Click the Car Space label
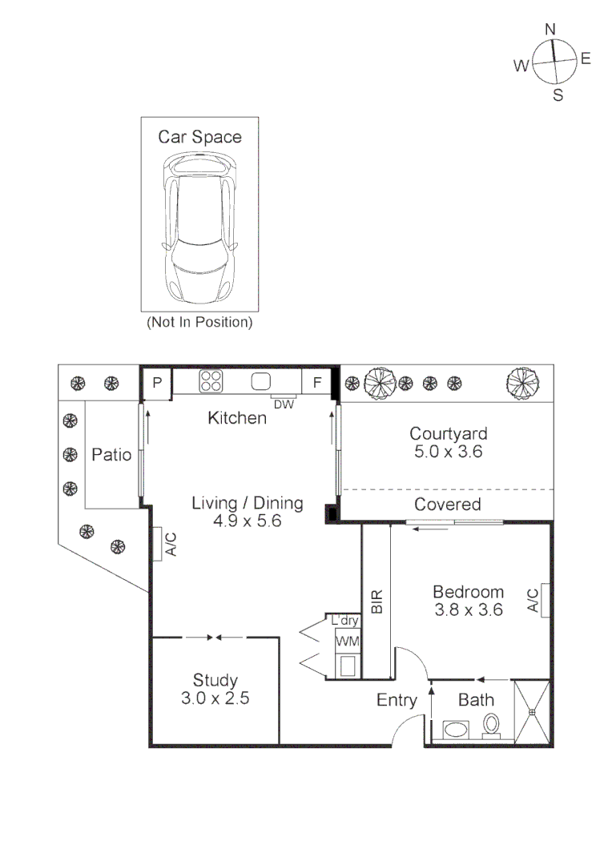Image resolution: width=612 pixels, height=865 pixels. pos(199,137)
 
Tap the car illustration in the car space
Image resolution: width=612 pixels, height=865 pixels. pos(199,227)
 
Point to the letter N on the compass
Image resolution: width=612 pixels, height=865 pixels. pos(550,30)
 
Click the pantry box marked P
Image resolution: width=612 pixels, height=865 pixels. pos(157,382)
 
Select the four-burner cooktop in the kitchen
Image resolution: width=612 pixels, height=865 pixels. pos(211,380)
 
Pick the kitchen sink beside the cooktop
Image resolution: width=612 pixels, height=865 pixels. pos(261,381)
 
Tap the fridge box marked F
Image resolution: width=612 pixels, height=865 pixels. pos(316,382)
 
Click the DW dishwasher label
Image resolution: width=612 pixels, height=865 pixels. pos(284,404)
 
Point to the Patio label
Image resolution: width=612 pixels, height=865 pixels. pos(111,455)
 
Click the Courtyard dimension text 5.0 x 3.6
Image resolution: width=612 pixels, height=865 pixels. pos(448,451)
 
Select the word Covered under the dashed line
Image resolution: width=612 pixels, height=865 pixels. pos(448,505)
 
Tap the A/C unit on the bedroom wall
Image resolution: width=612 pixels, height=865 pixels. pos(545,600)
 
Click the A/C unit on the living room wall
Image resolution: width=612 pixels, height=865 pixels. pos(157,544)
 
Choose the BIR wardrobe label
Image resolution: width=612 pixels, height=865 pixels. pos(377,601)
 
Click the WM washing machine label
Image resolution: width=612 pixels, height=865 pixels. pos(347,641)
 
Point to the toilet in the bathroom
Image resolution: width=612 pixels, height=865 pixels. pos(490,726)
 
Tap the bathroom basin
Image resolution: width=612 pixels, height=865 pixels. pos(456,730)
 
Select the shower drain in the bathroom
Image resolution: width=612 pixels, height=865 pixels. pos(532,712)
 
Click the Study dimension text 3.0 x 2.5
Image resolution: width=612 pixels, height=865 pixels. pos(215,698)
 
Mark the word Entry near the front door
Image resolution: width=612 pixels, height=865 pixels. pos(397,700)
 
